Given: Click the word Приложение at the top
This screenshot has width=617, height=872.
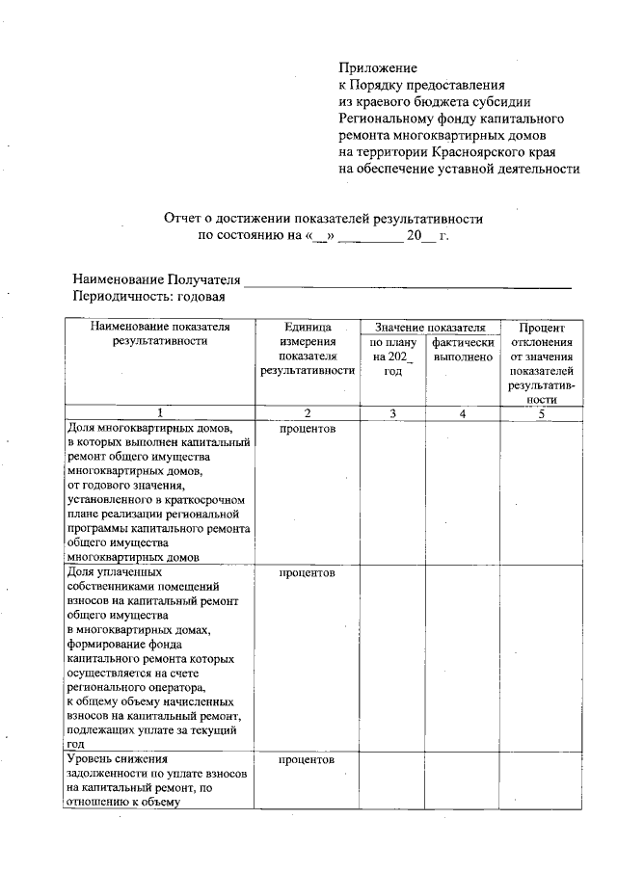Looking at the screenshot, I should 378,68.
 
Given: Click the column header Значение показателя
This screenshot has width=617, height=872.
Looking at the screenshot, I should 429,329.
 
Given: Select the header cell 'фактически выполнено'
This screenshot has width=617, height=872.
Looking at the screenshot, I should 464,350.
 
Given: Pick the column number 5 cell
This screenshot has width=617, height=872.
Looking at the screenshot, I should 542,413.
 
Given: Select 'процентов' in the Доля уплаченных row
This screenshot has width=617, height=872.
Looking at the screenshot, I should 307,573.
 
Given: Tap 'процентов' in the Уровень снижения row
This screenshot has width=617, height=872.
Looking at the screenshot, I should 307,760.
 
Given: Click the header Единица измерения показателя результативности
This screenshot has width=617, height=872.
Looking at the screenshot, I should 307,350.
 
